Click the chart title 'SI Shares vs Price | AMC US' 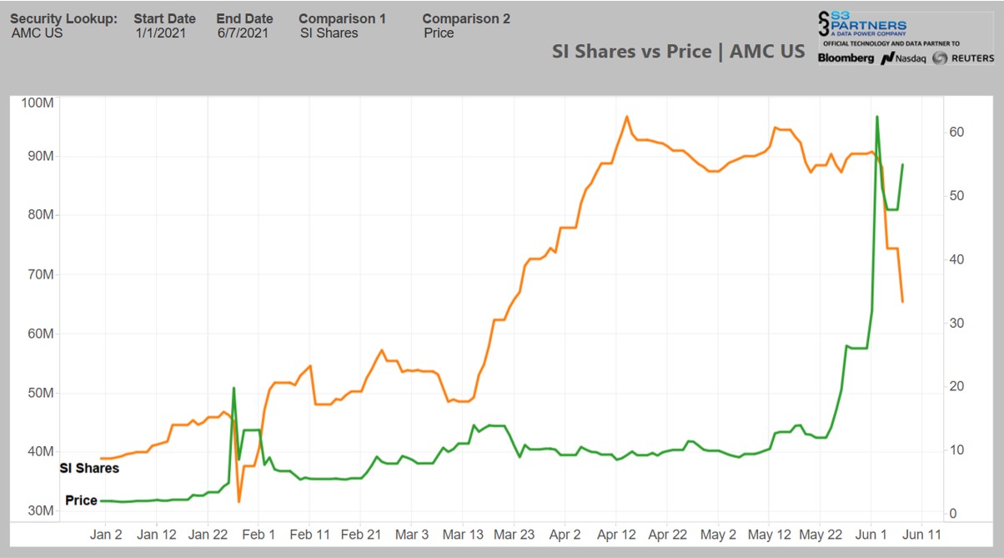[x=678, y=51]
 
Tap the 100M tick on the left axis [x=38, y=103]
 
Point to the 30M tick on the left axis [x=38, y=510]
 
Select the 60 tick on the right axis [x=956, y=133]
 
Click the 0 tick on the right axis [x=951, y=514]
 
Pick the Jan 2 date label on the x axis [x=106, y=535]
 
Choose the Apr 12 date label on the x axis [x=618, y=535]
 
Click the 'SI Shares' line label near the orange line [x=89, y=468]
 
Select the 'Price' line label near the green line [x=81, y=501]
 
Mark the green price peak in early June [x=877, y=117]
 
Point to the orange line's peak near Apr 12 [x=626, y=117]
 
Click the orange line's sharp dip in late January [x=238, y=501]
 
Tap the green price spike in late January [x=233, y=388]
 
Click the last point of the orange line [x=903, y=301]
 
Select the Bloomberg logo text [x=846, y=58]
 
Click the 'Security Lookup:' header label [x=63, y=18]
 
